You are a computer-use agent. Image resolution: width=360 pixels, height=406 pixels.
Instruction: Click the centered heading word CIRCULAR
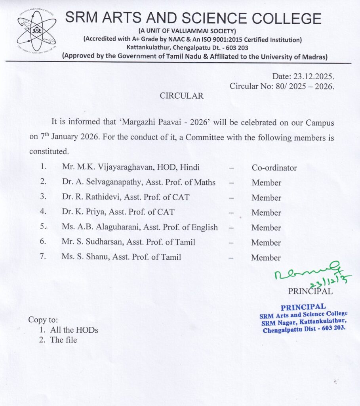point(181,96)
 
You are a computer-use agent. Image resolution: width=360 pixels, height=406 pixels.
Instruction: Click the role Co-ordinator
point(274,168)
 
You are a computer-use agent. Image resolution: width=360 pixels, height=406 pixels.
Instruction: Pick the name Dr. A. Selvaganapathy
point(103,182)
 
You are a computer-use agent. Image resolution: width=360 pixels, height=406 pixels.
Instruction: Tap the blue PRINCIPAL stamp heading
point(303,307)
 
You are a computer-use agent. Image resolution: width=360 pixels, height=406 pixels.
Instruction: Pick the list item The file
point(63,340)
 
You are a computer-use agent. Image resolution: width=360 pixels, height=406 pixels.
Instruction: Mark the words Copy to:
point(43,320)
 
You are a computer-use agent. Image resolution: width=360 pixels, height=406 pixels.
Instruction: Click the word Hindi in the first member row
point(190,167)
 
